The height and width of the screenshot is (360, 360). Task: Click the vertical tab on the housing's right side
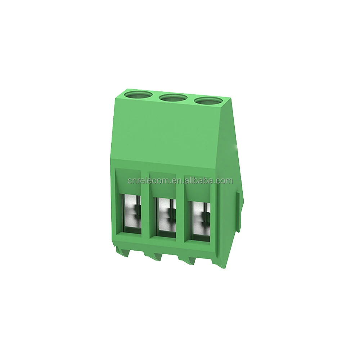(x=239, y=212)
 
